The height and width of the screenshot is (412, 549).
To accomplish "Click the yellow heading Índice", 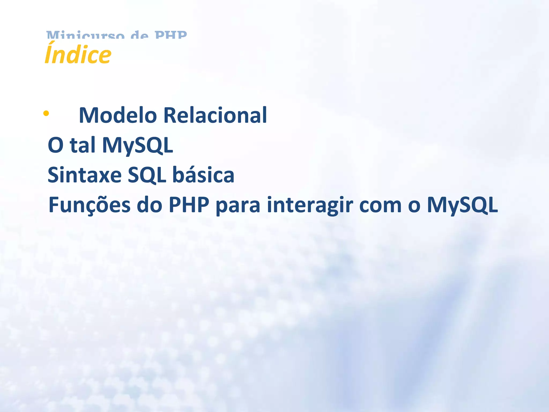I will pos(78,54).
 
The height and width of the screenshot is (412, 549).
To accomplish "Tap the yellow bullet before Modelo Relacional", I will pos(46,113).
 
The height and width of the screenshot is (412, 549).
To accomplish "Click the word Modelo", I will pos(118,115).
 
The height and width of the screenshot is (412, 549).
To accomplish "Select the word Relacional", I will pos(215,115).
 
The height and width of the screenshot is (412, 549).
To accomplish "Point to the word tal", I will pos(82,145).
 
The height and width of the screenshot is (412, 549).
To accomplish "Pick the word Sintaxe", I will pos(84,175).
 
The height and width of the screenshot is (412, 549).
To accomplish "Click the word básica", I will pos(203,175).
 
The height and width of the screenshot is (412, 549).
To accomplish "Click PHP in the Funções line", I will pos(189,205).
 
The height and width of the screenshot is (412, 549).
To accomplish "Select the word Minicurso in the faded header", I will pos(86,35).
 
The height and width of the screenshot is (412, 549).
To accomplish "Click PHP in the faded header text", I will pos(171,35).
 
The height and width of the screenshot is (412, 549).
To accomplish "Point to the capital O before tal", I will pos(55,145).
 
